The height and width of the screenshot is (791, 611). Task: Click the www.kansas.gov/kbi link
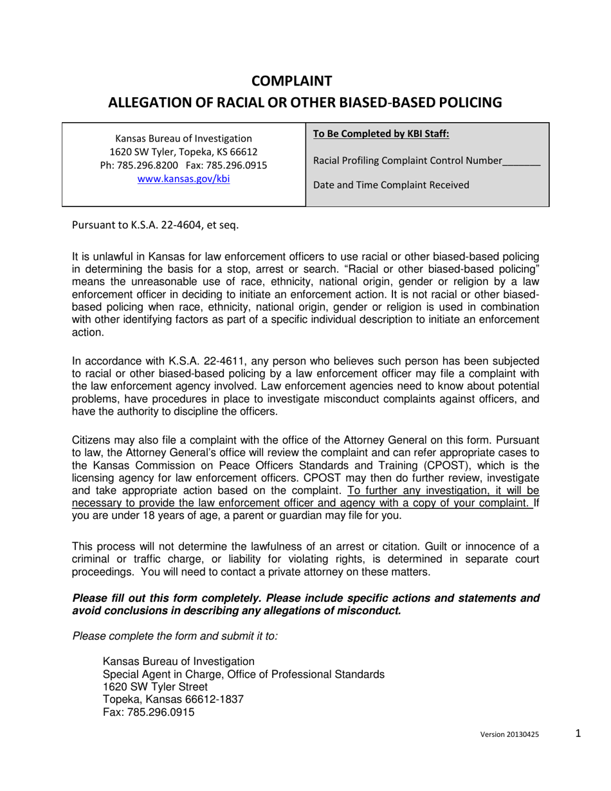(x=183, y=179)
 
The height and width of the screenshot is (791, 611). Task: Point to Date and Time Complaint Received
(x=390, y=186)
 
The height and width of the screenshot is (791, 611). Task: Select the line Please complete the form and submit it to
(x=175, y=636)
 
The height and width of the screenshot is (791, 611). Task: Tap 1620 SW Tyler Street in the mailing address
(x=155, y=687)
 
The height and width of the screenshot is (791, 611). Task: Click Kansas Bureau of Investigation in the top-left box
(x=183, y=138)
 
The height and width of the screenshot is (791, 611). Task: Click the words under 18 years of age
(x=149, y=522)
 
